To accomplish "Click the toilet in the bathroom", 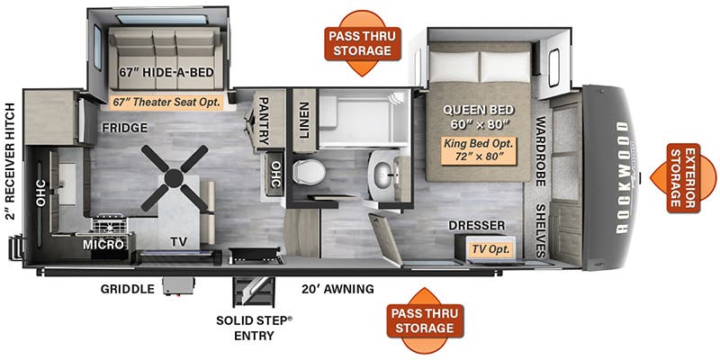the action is (309, 172).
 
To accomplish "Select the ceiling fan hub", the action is (174, 178).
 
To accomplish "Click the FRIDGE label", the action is (124, 128).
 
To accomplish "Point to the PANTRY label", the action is (263, 121).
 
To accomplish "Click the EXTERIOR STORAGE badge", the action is (683, 177).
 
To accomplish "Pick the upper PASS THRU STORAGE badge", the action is (363, 43).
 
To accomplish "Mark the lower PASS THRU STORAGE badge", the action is (425, 320).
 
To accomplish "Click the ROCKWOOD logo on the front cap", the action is (622, 177).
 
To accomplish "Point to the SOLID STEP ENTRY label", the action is (254, 328).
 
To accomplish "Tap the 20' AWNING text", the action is (337, 289).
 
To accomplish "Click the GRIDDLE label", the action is (128, 289).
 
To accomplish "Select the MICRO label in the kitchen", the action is (103, 245).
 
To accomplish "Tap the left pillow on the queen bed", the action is (454, 67).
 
